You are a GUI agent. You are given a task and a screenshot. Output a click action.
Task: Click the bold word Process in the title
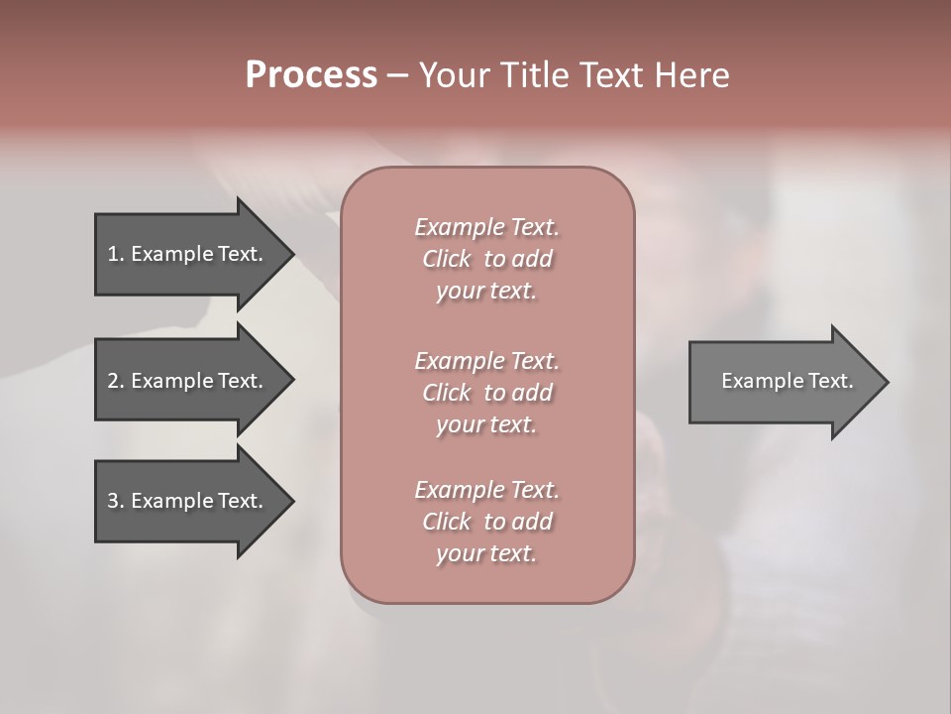[x=311, y=75]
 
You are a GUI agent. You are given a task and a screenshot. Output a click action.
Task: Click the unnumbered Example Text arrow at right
[x=787, y=381]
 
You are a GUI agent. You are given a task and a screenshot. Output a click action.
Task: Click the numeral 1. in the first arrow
[x=115, y=254]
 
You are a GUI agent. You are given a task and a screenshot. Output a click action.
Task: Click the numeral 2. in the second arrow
[x=115, y=381]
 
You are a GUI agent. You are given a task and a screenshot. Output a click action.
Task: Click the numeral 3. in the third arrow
[x=115, y=501]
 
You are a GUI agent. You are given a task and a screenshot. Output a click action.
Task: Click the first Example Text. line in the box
[x=486, y=227]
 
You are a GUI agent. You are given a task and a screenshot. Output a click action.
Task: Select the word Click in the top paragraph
[x=447, y=259]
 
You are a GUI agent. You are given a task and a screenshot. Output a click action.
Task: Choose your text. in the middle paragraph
[x=486, y=424]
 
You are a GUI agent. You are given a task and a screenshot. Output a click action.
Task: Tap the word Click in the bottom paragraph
[x=447, y=522]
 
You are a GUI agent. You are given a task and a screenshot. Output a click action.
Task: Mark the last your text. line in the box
[x=486, y=553]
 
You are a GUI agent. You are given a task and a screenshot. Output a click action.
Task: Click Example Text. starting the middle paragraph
[x=486, y=361]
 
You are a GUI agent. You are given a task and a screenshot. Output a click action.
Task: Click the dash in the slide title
[x=397, y=75]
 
